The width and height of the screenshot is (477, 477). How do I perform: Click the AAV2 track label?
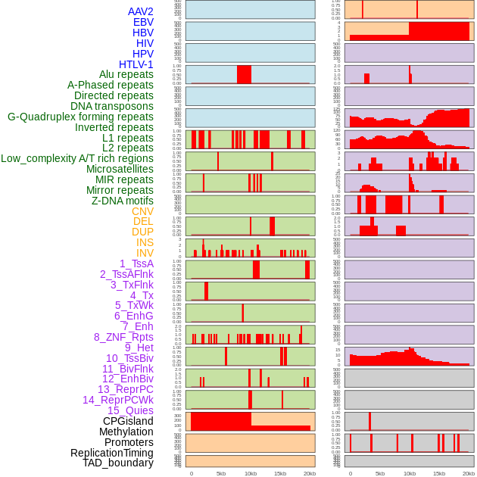tap(141, 12)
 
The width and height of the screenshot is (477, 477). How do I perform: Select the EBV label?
tap(143, 23)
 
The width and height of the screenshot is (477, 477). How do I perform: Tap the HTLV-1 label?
tap(136, 64)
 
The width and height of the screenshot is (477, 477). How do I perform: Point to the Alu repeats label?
tap(126, 75)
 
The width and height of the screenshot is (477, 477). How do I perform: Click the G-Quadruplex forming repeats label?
tap(80, 117)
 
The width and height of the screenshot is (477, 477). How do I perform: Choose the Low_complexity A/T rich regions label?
tap(77, 158)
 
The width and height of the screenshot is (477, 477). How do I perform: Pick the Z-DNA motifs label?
tap(123, 201)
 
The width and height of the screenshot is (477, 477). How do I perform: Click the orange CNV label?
tap(142, 211)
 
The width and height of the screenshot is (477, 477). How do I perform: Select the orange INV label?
tap(145, 253)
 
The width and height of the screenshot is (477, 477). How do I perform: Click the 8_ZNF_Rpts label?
tap(123, 337)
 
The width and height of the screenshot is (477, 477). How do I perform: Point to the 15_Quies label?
tap(130, 410)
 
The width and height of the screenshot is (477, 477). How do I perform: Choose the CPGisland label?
tap(128, 421)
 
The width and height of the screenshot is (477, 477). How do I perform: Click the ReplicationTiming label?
tap(112, 453)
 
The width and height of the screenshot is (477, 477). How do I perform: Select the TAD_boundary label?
tap(118, 463)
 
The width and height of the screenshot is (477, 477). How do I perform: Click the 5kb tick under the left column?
tap(221, 473)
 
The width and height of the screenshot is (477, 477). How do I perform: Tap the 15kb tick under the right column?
tap(439, 473)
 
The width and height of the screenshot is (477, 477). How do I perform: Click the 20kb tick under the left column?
tap(310, 473)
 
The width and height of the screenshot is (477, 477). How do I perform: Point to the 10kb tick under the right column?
tap(410, 473)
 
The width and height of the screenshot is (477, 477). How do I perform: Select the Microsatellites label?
tap(120, 169)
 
